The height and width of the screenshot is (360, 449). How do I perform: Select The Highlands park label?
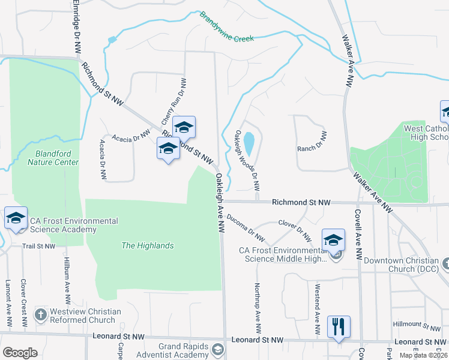[x=147, y=245]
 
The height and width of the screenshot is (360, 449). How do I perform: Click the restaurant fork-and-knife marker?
[x=339, y=327]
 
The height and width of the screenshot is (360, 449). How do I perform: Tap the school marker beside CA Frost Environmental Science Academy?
[x=16, y=219]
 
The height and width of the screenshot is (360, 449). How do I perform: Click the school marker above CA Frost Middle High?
[x=333, y=241]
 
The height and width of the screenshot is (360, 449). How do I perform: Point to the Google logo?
[x=20, y=353]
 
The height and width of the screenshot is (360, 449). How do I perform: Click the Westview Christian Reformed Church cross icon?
[x=40, y=314]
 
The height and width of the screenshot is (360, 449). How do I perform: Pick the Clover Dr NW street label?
[x=295, y=229]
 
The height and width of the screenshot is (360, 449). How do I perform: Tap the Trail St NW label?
[x=38, y=246]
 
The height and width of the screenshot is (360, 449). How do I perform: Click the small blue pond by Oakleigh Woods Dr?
[x=249, y=144]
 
